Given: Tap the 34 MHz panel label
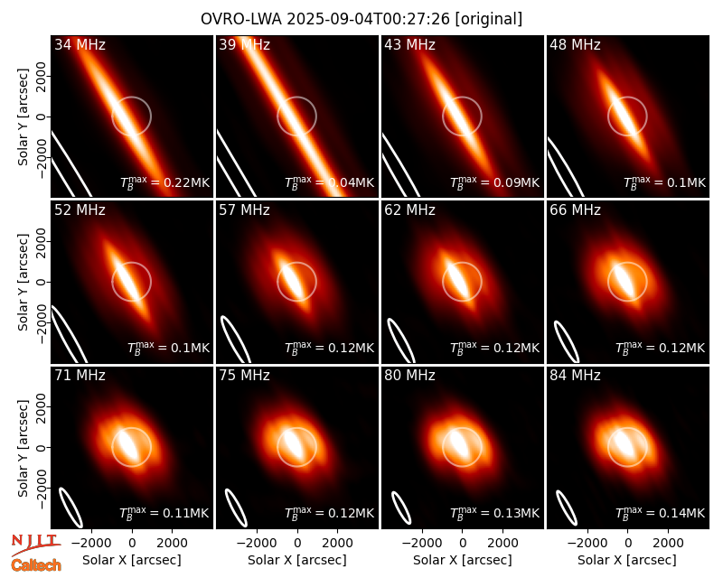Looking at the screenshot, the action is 80,44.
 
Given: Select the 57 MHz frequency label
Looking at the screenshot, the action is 244,210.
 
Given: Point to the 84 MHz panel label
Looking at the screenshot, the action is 575,376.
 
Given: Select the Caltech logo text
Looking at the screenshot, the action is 36,565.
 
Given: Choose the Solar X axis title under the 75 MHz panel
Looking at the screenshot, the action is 297,560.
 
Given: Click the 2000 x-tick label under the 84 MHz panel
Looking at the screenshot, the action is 668,543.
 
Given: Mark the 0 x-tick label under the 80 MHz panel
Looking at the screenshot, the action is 463,543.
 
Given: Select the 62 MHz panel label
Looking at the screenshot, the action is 410,210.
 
